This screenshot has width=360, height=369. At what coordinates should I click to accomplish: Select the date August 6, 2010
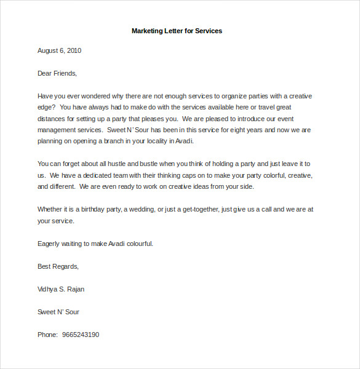tap(60, 50)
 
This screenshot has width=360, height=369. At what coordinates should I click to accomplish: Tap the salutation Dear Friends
tap(57, 73)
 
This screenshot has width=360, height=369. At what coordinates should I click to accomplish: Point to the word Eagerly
tap(49, 244)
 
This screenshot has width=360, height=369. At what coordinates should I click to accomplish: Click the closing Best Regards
tap(58, 266)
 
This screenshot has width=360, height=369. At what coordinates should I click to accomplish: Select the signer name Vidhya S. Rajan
tap(61, 289)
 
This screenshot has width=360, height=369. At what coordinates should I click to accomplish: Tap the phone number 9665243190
tap(81, 335)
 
